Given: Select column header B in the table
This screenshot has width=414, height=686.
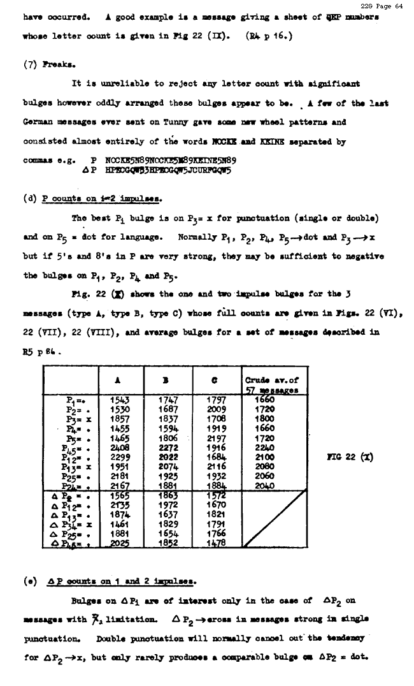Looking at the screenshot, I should pos(165,381).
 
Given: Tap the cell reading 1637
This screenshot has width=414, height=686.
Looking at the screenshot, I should pos(167,514).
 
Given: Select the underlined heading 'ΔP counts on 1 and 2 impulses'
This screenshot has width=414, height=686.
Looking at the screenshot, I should pos(122,581).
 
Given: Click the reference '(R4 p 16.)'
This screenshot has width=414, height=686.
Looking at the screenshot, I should pos(269,36).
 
